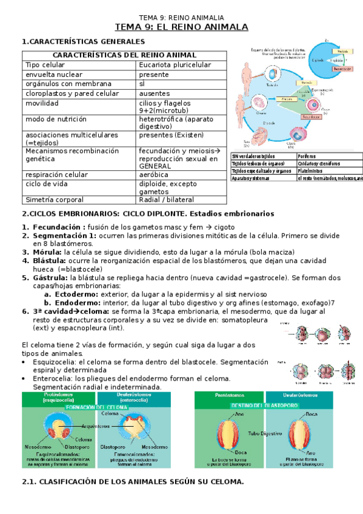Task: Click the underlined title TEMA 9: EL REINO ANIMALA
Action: (182, 27)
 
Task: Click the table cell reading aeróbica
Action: (157, 173)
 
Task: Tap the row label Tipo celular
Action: (45, 65)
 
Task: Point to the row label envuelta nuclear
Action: (53, 75)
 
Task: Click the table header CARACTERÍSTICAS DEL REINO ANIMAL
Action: (125, 55)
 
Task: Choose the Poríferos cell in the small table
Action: (310, 156)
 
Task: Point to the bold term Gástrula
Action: (50, 277)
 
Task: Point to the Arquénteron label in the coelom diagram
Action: (90, 425)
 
